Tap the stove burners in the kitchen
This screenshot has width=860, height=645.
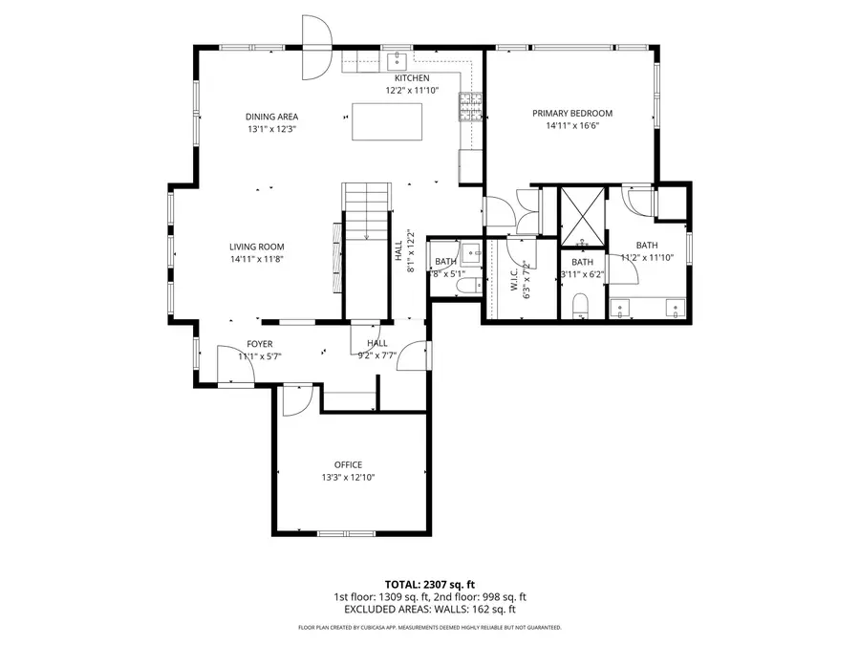[469, 108]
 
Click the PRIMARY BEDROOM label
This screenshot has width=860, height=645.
[572, 113]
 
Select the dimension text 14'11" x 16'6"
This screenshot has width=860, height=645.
[572, 125]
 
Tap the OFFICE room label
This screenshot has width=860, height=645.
[348, 464]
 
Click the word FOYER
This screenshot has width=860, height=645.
[260, 343]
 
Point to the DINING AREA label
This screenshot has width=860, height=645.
[272, 117]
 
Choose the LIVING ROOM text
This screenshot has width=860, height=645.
[256, 247]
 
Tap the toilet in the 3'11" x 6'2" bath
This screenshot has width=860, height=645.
[580, 306]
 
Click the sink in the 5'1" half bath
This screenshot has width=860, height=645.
[471, 254]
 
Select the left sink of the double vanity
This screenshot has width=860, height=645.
[622, 310]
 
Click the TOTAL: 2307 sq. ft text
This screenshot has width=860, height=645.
[429, 583]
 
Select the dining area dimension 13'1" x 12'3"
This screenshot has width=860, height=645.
[272, 129]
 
